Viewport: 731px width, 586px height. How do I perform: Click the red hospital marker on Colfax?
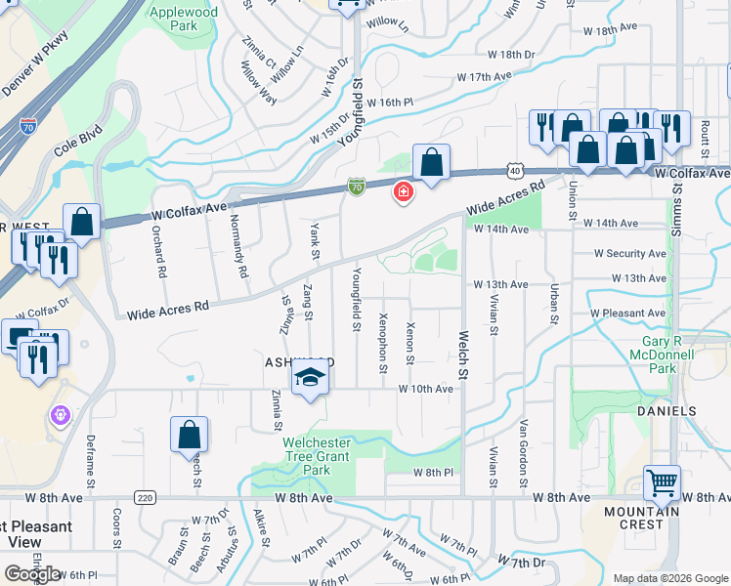pos(402,192)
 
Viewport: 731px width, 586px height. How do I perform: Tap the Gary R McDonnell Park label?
pos(667,356)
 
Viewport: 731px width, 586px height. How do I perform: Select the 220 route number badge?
pos(146,498)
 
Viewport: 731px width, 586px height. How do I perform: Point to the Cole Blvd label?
pos(78,146)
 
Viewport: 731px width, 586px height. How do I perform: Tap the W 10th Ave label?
pos(425,389)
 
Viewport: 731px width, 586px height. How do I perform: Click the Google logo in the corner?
pos(32,574)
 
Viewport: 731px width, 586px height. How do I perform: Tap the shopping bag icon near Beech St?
pos(189,435)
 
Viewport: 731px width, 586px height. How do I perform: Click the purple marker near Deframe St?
pos(61,416)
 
